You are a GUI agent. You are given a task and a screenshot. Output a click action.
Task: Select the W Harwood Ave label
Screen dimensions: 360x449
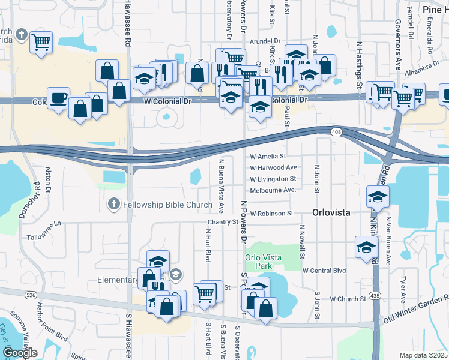click(274, 168)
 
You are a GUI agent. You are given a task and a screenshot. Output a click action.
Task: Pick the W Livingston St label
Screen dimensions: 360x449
click(273, 179)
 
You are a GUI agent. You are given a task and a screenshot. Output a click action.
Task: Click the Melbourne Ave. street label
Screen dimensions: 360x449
click(273, 190)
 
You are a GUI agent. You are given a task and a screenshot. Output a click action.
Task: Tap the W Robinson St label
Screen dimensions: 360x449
click(271, 213)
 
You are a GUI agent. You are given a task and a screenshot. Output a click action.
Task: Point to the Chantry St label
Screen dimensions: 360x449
click(219, 222)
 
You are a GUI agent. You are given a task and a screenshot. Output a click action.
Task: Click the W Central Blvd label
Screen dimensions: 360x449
click(325, 271)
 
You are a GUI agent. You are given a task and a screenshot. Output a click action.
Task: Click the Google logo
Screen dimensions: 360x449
click(20, 353)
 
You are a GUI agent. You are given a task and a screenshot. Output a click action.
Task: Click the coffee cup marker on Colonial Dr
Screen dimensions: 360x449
click(58, 98)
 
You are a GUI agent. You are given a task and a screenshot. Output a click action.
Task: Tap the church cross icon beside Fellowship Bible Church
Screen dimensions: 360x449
click(113, 205)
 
